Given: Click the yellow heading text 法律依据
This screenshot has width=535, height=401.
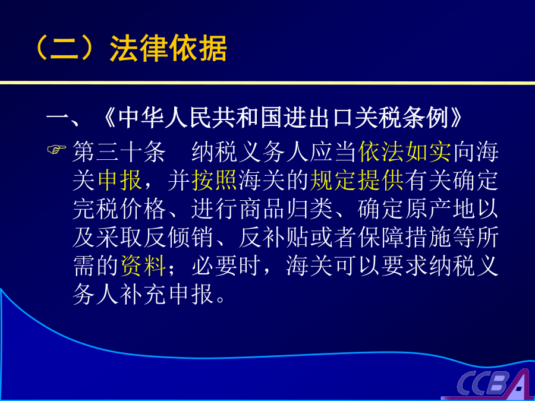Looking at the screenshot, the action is click(168, 48).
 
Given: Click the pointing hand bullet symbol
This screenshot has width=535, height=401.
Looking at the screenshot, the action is click(56, 150).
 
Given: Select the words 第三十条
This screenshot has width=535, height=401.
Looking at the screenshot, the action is click(119, 151).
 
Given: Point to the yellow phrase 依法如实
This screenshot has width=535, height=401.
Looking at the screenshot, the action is click(405, 151).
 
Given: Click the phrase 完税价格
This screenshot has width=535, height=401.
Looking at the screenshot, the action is click(119, 209).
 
